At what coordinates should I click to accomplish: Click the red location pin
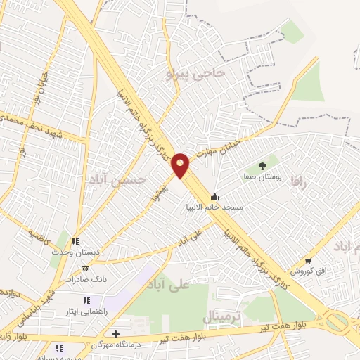[x=181, y=165]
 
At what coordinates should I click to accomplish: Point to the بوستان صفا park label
[x=264, y=179]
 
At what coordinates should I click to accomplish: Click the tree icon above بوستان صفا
[x=262, y=166]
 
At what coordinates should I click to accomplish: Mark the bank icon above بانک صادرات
[x=85, y=269]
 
